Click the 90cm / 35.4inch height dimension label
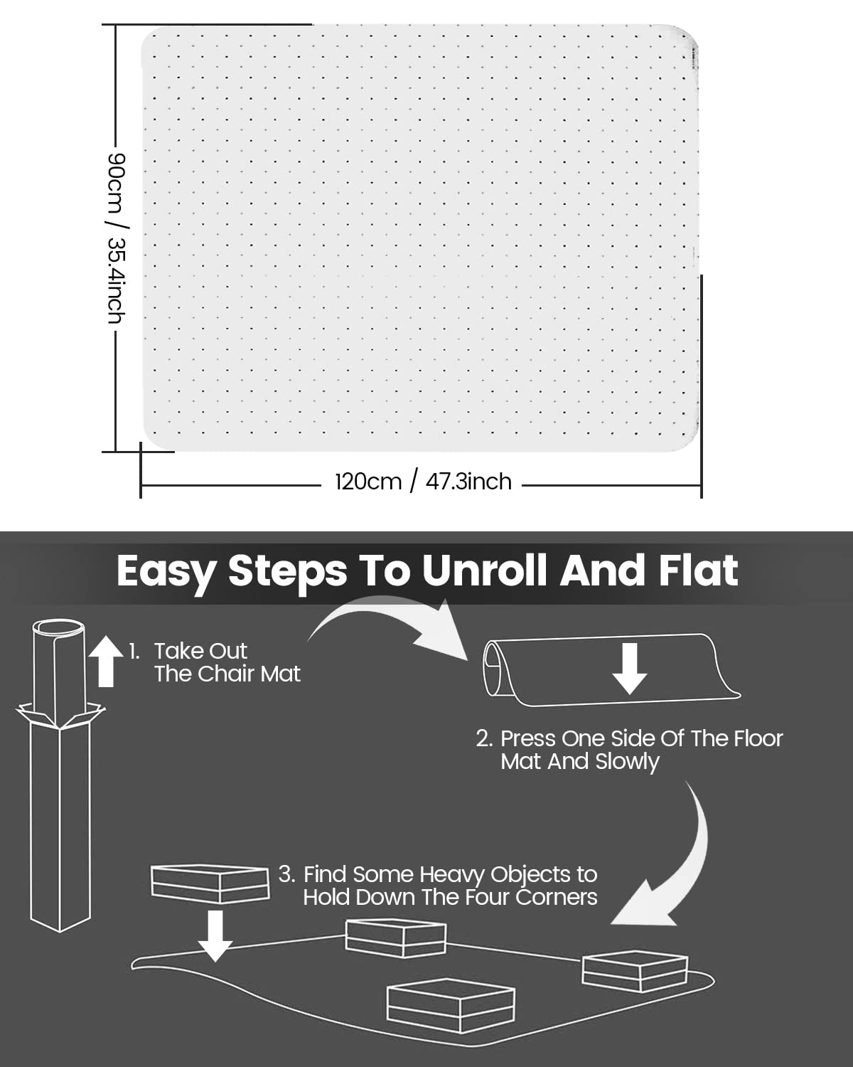[x=117, y=238]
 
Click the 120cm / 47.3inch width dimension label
[x=423, y=482]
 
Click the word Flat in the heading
[x=698, y=570]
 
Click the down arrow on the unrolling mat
[x=630, y=669]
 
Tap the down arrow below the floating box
[x=215, y=935]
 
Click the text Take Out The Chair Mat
[x=227, y=662]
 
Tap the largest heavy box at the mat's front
[x=451, y=1005]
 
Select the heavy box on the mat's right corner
[x=635, y=971]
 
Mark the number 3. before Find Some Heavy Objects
[x=286, y=875]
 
